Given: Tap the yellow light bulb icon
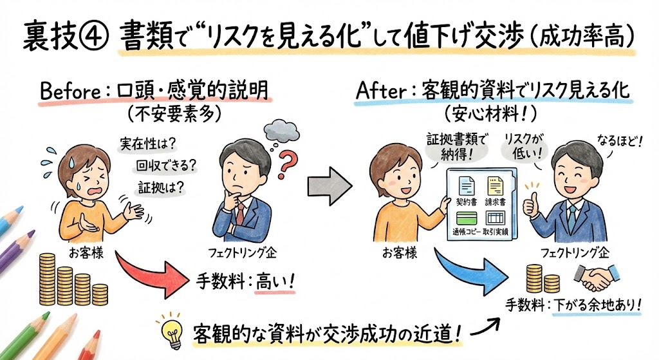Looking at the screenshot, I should [x=174, y=330].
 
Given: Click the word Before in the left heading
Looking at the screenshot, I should [x=70, y=92].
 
